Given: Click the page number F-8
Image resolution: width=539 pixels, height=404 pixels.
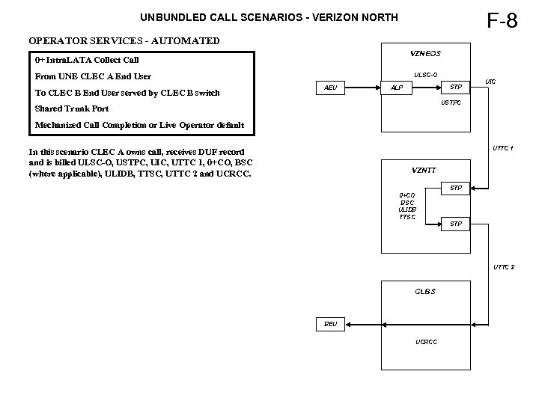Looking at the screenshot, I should pos(502,20).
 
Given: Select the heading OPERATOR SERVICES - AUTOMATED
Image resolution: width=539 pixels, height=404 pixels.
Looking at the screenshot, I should pos(124,41).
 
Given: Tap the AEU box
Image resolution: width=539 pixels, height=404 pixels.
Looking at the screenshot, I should pos(330,88).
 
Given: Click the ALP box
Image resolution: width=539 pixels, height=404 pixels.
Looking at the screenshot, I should pos(397,88).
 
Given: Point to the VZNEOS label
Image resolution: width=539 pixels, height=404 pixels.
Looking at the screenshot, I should pos(425,54).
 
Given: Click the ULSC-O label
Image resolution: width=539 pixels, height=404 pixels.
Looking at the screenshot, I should pos(426,75).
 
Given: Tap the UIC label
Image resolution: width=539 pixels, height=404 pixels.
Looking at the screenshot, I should pos(490,81).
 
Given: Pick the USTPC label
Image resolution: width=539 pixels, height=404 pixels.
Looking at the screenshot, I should pos(451,102).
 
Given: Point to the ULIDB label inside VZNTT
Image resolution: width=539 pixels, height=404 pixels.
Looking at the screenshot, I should pos(407,209).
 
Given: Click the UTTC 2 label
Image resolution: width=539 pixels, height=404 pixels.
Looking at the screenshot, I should pos(503,267).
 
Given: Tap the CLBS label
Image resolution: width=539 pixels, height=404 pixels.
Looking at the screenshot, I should pos(424,291).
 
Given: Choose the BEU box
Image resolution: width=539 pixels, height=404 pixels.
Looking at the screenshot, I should pos(330,325).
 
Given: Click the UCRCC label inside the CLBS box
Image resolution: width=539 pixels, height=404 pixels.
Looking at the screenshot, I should pos(427,342).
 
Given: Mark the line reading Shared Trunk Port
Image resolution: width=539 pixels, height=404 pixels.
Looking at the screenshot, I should pos(72,108).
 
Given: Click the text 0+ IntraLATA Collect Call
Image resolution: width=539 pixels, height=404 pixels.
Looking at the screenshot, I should pos(87,60).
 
